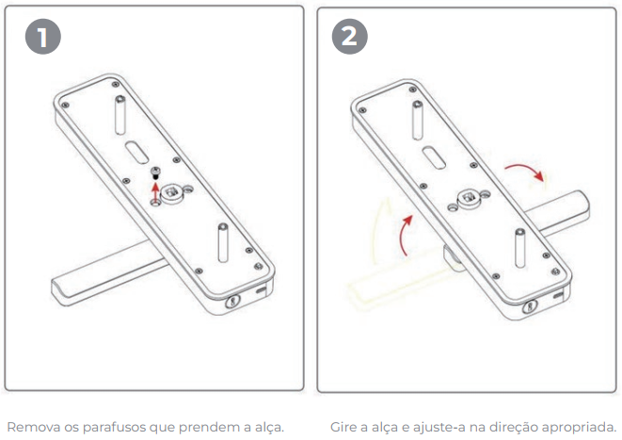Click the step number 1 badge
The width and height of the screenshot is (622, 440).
click(x=43, y=37)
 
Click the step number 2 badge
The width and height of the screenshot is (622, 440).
click(x=349, y=37)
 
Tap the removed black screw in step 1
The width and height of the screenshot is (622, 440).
click(x=155, y=172)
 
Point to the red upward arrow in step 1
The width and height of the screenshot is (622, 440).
click(x=155, y=191)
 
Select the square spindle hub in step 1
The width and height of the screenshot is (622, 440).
click(x=172, y=192)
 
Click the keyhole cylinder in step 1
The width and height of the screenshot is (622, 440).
click(x=232, y=301)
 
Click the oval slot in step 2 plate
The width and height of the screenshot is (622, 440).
click(x=434, y=156)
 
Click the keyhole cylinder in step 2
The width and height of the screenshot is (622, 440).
click(x=530, y=306)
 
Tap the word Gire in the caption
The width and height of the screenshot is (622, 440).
click(x=343, y=428)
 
